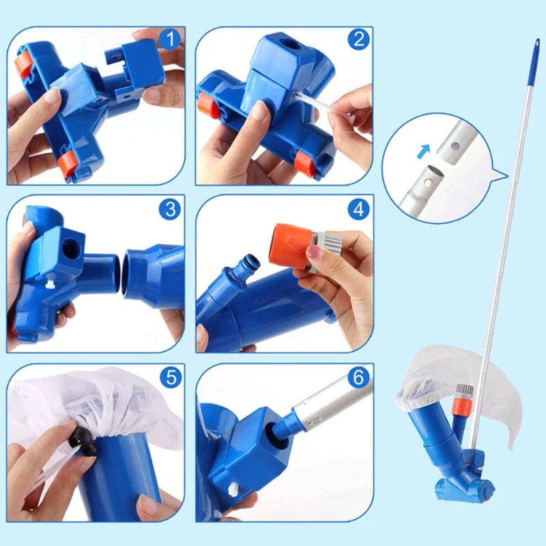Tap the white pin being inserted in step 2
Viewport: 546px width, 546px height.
coord(321,107)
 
